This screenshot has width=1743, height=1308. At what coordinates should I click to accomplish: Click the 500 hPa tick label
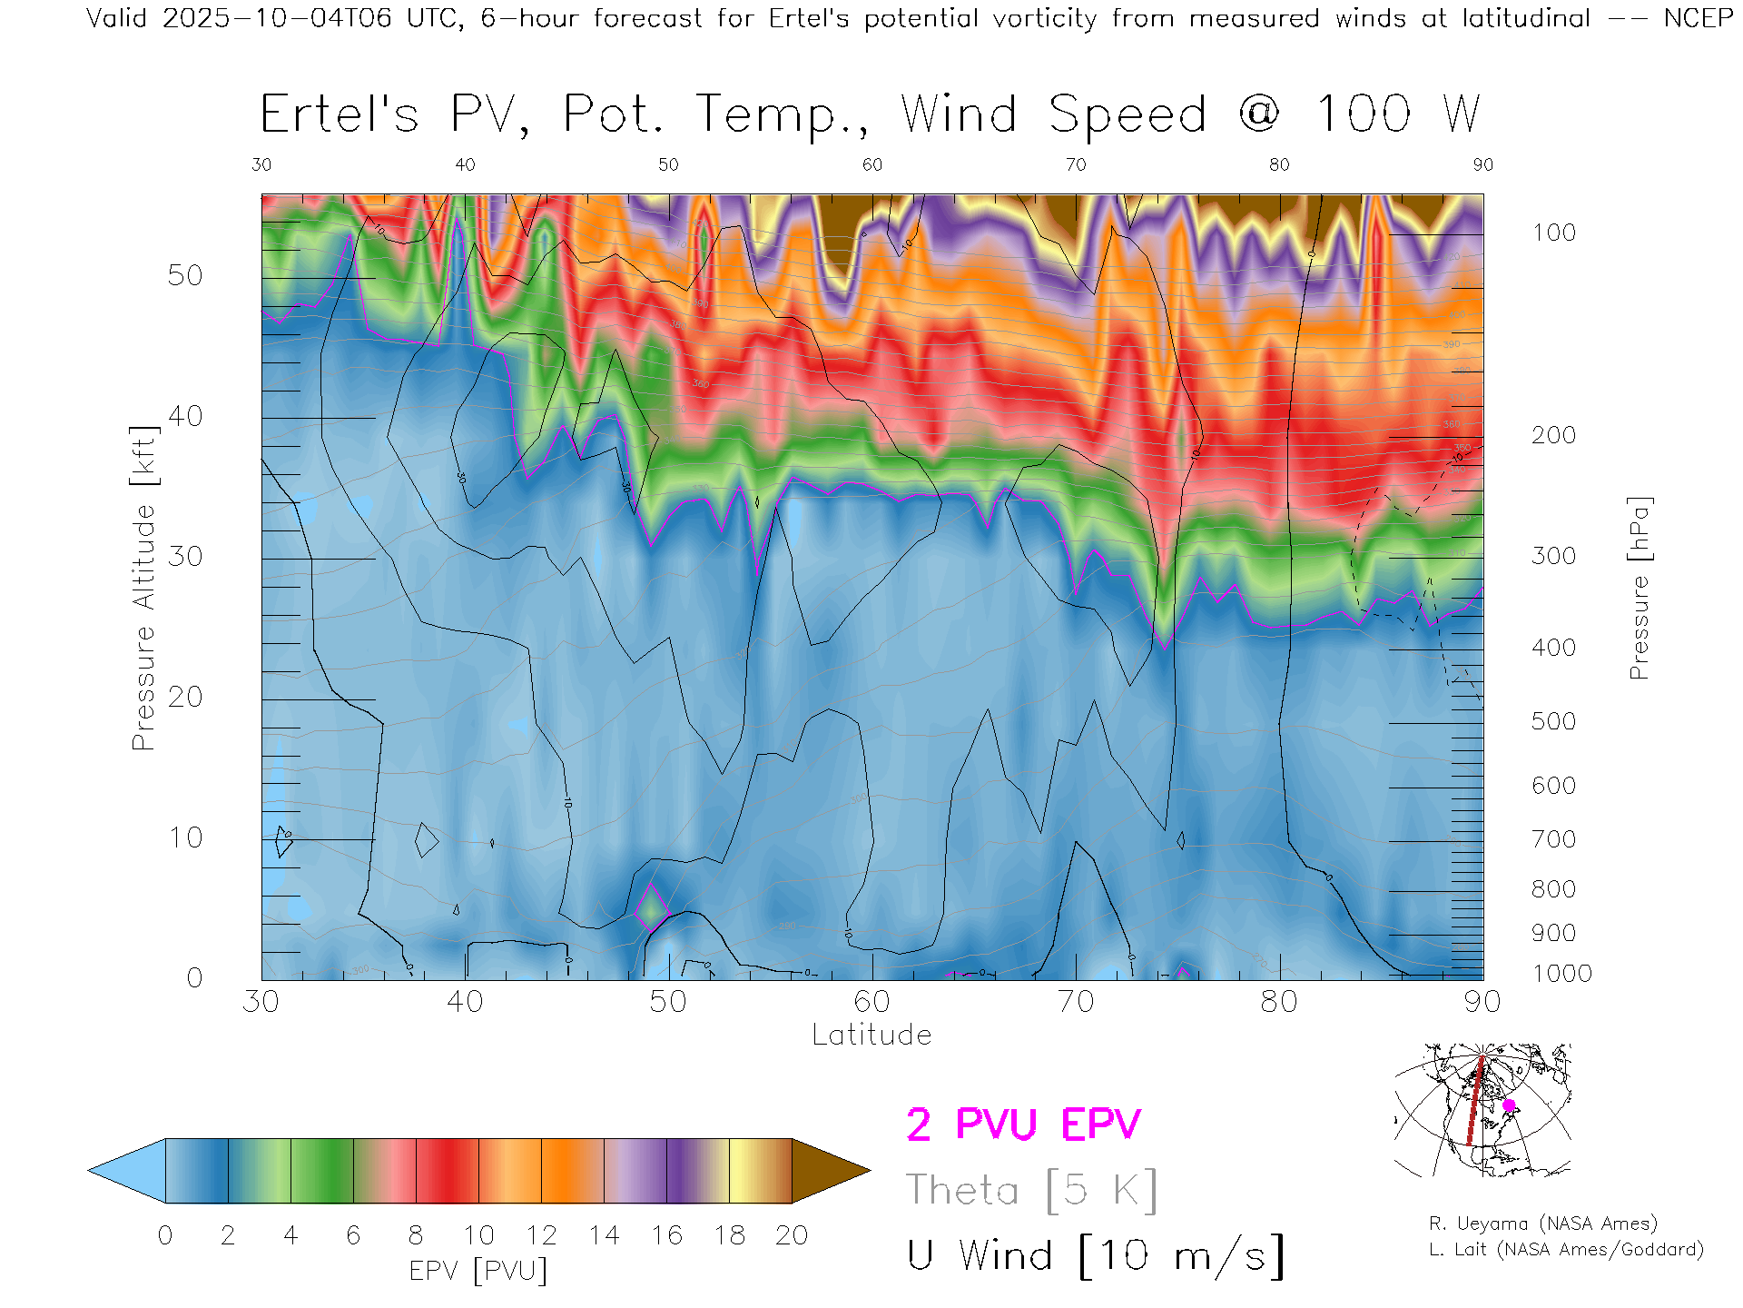pos(1553,721)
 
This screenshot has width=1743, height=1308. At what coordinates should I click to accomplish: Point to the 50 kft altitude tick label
pos(185,275)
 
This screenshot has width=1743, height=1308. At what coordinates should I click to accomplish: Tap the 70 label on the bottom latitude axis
pos(1076,1001)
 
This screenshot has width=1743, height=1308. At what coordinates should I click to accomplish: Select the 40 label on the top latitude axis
pos(465,164)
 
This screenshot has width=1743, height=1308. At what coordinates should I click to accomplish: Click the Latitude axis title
pos(871,1035)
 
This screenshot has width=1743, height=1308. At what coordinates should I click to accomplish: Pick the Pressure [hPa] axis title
pos(1639,588)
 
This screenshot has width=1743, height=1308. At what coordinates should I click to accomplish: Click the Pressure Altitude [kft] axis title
pos(143,588)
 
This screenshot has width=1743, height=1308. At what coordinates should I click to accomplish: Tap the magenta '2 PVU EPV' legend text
pos(1023,1125)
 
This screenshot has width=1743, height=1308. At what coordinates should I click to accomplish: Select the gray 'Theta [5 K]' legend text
pos(1031,1190)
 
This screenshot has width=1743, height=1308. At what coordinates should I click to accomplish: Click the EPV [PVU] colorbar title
pos(478,1270)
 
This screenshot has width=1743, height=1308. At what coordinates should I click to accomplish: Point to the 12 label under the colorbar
pos(541,1235)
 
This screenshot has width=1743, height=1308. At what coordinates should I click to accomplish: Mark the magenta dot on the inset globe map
pos(1509,1105)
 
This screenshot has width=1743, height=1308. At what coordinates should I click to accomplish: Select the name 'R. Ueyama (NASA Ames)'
pos(1542,1224)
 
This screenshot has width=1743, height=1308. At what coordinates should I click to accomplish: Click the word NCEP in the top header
pos(1698,18)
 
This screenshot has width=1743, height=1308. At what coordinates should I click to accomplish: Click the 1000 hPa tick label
pos(1562,974)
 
